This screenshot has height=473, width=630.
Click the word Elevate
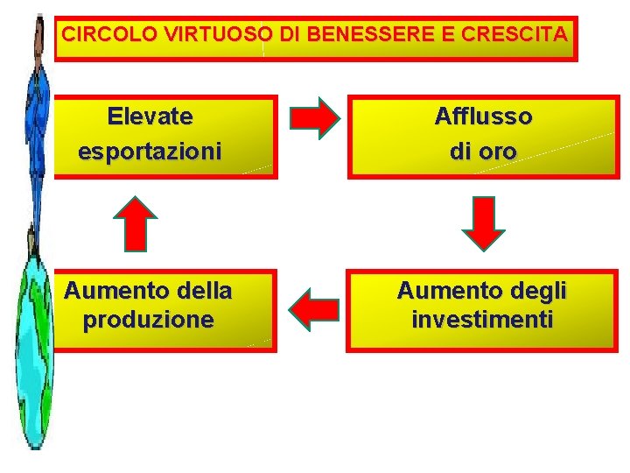coord(150,116)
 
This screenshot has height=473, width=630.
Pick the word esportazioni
coord(150,151)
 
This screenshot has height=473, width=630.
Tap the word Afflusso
coord(483,116)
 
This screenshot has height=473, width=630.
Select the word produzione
coord(148,320)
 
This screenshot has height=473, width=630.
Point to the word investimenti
coord(482,320)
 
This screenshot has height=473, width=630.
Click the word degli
coord(538,289)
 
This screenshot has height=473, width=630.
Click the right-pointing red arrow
coord(314,117)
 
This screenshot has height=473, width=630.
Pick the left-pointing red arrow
coord(313,309)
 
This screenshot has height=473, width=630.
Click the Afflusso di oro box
coord(483,136)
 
